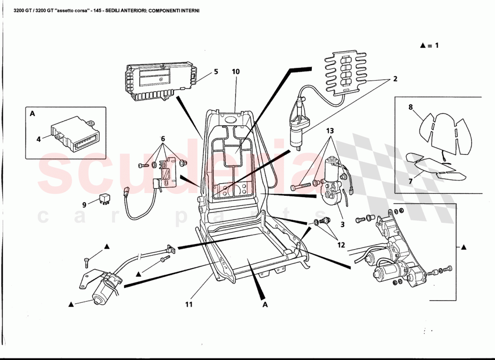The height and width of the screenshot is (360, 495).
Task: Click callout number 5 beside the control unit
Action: pos(216,72)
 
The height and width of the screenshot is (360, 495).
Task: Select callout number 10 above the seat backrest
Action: pos(236,72)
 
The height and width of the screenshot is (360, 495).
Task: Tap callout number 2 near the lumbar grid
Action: pos(395,79)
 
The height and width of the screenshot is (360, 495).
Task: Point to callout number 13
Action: pos(330,131)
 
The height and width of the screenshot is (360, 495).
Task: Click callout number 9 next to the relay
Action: pos(84,204)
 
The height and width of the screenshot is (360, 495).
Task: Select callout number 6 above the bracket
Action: pos(163,138)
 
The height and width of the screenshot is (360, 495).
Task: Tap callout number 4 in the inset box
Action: pos(39,139)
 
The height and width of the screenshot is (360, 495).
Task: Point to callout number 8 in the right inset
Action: pos(410,107)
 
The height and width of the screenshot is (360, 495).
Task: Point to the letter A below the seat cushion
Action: pos(265,305)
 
